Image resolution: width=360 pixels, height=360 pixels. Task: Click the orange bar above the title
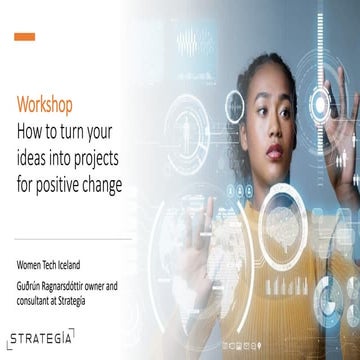coord(25,37)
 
